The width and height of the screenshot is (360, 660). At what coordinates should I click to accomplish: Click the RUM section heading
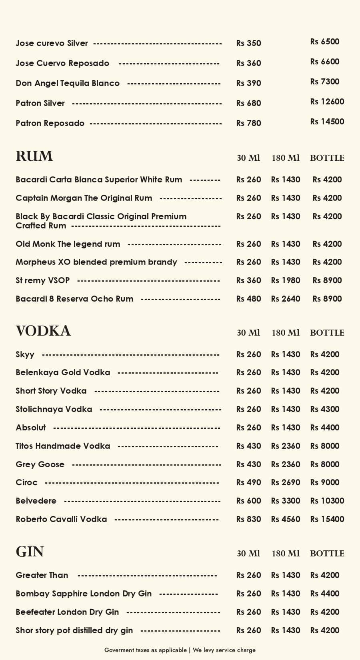[x=34, y=156]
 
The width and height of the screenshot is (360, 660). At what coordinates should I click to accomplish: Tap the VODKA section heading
[x=43, y=331]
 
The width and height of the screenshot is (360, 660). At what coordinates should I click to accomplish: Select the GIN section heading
[x=30, y=552]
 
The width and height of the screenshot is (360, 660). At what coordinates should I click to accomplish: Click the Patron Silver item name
[x=40, y=103]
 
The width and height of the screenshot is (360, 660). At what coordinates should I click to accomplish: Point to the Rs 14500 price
[x=327, y=122]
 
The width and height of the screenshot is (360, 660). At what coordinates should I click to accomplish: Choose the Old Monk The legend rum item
[x=68, y=244]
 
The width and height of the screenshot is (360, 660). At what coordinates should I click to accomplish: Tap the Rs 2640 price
[x=285, y=299]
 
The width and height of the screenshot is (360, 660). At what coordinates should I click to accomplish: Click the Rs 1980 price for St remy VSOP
[x=285, y=280]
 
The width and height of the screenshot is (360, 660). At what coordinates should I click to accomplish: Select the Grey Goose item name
[x=40, y=464]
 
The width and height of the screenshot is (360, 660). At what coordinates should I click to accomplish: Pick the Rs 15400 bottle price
[x=327, y=519]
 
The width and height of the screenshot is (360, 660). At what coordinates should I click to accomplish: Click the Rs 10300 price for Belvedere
[x=327, y=501]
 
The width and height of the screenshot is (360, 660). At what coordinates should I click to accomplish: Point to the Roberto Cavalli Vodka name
[x=61, y=519]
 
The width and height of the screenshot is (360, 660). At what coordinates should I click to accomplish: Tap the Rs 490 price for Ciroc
[x=248, y=482]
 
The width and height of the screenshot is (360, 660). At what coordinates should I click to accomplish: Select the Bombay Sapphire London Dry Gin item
[x=84, y=594]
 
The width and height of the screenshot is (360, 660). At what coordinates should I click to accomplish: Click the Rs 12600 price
[x=327, y=102]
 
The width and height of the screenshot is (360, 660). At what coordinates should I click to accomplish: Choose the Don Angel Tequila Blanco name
[x=68, y=83]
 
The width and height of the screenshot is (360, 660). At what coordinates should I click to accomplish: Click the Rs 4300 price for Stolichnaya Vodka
[x=324, y=409]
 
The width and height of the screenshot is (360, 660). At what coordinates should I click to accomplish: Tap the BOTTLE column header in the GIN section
[x=327, y=554]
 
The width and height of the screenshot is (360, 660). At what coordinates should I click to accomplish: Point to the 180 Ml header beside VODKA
[x=285, y=333]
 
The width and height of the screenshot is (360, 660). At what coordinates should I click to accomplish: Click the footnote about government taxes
[x=180, y=650]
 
